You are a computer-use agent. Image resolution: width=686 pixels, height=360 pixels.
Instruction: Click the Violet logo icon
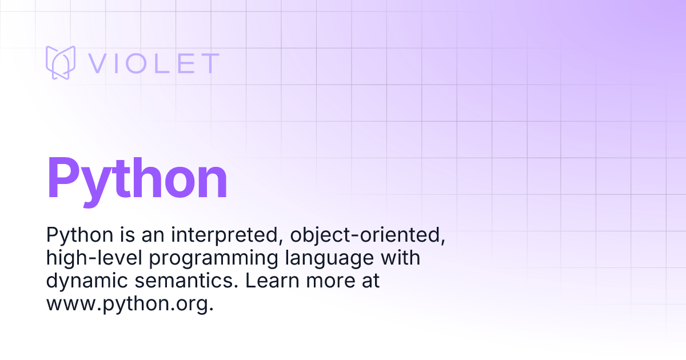(x=61, y=62)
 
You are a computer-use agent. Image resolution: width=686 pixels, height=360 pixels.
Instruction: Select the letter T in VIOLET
(x=210, y=63)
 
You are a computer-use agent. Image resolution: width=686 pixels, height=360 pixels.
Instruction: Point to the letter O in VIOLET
(x=135, y=63)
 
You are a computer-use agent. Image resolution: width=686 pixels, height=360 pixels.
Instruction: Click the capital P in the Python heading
(x=63, y=178)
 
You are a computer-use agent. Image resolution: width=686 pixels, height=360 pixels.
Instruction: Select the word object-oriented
(x=368, y=235)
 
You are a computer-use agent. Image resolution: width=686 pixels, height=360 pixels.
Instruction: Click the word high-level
(x=94, y=258)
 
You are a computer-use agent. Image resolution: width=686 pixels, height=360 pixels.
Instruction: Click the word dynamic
(x=87, y=281)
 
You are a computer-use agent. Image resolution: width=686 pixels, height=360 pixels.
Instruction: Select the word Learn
(x=272, y=281)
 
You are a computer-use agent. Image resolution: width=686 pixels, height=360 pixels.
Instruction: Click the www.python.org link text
(x=130, y=304)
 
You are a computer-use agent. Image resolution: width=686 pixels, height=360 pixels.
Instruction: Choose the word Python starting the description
(x=79, y=235)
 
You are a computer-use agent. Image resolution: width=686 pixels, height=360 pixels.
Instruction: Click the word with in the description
(x=400, y=258)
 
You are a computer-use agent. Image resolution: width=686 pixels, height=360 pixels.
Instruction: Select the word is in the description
(x=127, y=235)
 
